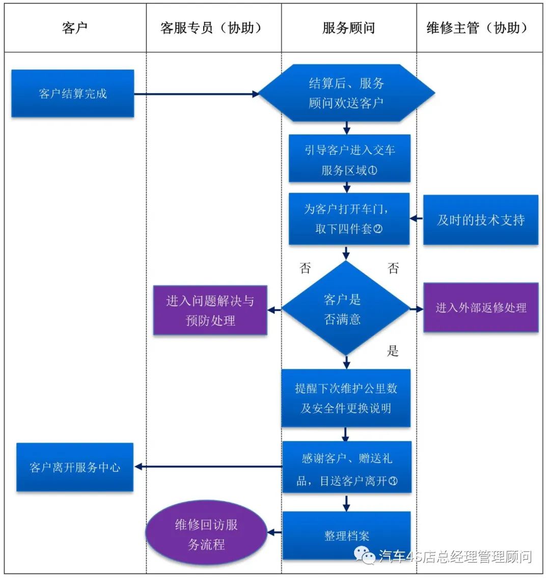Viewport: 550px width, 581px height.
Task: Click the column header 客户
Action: pyautogui.click(x=75, y=28)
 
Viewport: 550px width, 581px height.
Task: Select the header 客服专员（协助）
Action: pyautogui.click(x=213, y=28)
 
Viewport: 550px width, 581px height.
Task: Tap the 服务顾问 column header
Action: pyautogui.click(x=349, y=28)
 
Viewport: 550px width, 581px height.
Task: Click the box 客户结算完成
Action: pyautogui.click(x=73, y=94)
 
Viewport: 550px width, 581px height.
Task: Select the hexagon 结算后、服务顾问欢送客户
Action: pyautogui.click(x=346, y=93)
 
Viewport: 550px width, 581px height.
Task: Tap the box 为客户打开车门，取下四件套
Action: pyautogui.click(x=349, y=219)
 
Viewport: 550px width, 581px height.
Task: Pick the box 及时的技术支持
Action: pyautogui.click(x=480, y=220)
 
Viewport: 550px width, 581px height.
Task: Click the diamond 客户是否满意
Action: pyautogui.click(x=346, y=308)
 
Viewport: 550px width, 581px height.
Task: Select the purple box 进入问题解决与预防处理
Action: pyautogui.click(x=210, y=310)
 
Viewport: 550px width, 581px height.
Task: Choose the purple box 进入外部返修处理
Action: pyautogui.click(x=481, y=307)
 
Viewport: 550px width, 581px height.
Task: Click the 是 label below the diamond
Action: pyautogui.click(x=393, y=351)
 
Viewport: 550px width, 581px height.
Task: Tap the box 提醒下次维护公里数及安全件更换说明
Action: pyautogui.click(x=346, y=398)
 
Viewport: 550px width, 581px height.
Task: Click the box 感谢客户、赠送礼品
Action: pyautogui.click(x=347, y=468)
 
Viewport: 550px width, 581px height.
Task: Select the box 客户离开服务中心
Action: pyautogui.click(x=75, y=467)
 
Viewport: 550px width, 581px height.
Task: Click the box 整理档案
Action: pyautogui.click(x=346, y=535)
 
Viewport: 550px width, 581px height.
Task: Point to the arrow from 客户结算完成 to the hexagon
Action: pyautogui.click(x=196, y=94)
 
